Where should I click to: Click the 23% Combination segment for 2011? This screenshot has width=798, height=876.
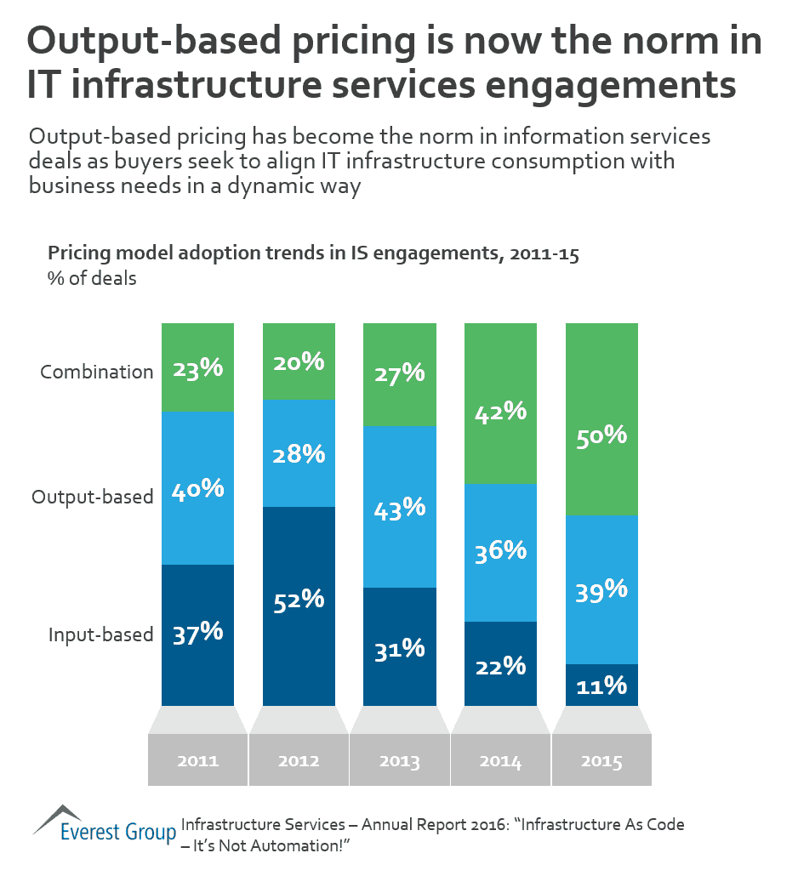click(x=197, y=367)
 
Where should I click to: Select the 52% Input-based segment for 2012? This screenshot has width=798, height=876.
click(x=299, y=606)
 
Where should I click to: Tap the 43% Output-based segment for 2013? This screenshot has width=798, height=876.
click(x=399, y=507)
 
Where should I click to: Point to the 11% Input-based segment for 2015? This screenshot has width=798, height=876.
click(x=601, y=685)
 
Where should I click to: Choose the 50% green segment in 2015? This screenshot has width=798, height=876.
click(x=601, y=419)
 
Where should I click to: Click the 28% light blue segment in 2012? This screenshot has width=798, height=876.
click(x=299, y=453)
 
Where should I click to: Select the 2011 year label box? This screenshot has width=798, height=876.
click(x=197, y=760)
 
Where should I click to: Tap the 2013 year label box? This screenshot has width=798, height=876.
click(x=399, y=760)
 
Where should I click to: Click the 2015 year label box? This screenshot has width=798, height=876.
click(x=601, y=760)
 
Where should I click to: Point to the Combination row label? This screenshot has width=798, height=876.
click(x=97, y=372)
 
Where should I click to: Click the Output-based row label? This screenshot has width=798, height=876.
click(x=92, y=497)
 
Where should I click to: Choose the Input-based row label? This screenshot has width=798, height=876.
click(x=100, y=634)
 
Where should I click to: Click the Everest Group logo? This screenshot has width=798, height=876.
click(x=104, y=822)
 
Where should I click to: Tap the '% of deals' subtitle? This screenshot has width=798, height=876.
click(x=92, y=278)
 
